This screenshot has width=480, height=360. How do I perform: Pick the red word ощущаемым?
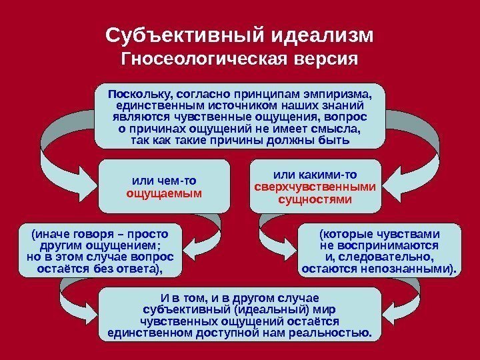164,193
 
